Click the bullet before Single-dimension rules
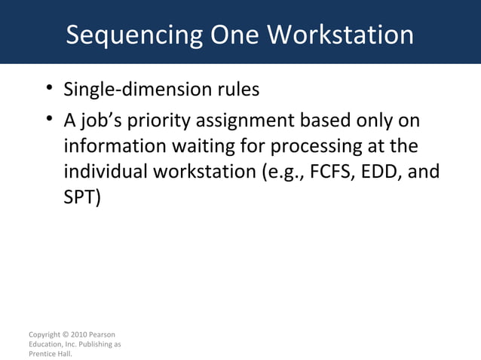pyautogui.click(x=48, y=90)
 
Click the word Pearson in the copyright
pyautogui.click(x=103, y=334)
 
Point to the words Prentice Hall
pyautogui.click(x=49, y=353)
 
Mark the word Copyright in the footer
pyautogui.click(x=44, y=334)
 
